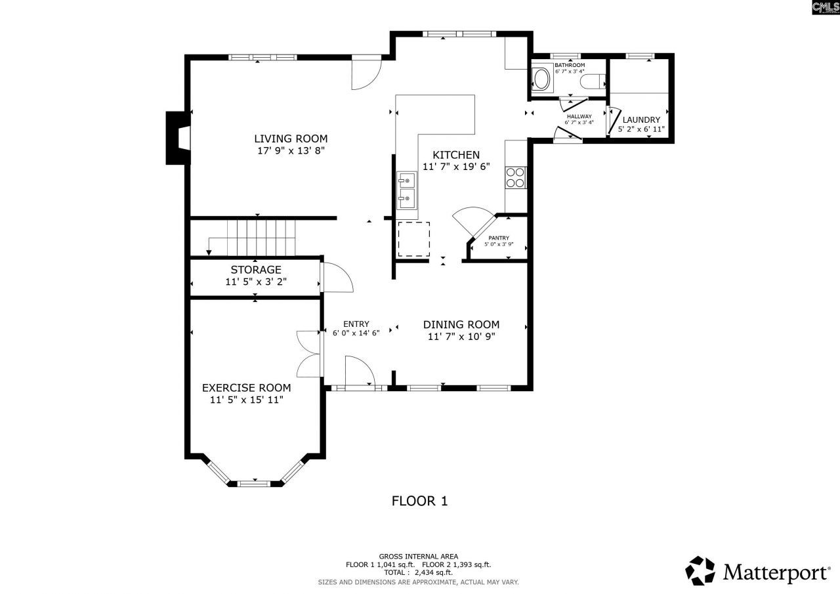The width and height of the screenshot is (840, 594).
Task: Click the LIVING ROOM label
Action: coord(291,138)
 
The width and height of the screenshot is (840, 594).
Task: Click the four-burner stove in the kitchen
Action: coord(515,177)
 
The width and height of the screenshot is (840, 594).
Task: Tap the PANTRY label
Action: coord(499,238)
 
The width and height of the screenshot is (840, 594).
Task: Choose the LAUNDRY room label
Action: coord(641,119)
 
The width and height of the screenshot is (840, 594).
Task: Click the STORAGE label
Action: coord(256,270)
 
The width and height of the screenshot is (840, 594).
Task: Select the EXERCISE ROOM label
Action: coord(246,388)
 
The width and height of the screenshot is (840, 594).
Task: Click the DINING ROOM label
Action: coord(461,324)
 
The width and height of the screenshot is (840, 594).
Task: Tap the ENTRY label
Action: coord(356,324)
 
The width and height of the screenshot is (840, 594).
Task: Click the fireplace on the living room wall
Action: coord(178,138)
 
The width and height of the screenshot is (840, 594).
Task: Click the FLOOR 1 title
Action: coord(419,501)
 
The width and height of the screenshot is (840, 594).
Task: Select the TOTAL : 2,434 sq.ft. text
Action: coord(418,572)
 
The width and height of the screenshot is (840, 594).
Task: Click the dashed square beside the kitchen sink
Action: coord(414,239)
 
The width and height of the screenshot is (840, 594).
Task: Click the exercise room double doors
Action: coord(309,354)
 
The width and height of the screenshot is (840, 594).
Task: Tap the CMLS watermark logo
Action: coord(825,7)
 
